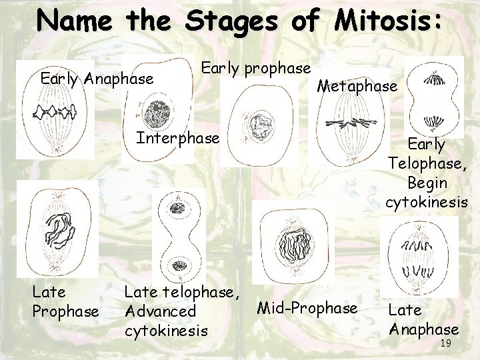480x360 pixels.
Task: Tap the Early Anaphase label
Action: tap(97, 79)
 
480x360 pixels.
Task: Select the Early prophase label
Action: tap(256, 68)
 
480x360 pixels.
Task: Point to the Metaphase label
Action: tap(357, 86)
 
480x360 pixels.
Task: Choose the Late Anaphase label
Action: tap(423, 319)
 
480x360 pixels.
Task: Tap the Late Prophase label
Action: tap(65, 302)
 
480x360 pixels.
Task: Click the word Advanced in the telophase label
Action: tap(160, 311)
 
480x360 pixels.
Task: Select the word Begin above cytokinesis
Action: tap(427, 182)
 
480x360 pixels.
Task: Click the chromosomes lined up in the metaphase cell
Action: tap(350, 123)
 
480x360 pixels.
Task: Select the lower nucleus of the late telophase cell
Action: tap(179, 267)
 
